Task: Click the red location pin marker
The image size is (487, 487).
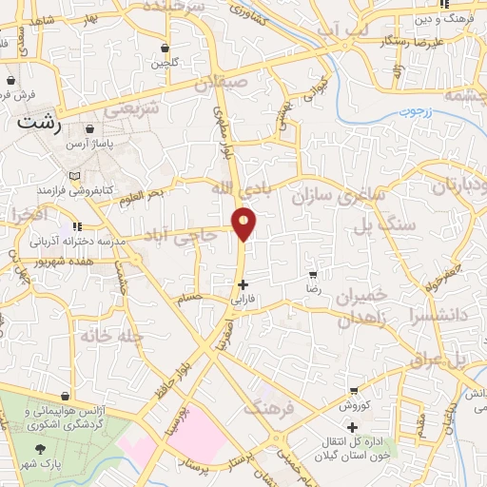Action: point(244,224)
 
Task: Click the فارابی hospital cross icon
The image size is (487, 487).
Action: point(243,284)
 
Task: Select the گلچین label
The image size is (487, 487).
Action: point(165,64)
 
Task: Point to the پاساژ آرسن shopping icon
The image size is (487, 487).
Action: point(89,128)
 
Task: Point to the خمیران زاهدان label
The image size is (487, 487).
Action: point(362,307)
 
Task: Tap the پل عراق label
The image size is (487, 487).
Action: point(446,359)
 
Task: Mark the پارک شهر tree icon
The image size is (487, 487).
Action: point(39,448)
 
